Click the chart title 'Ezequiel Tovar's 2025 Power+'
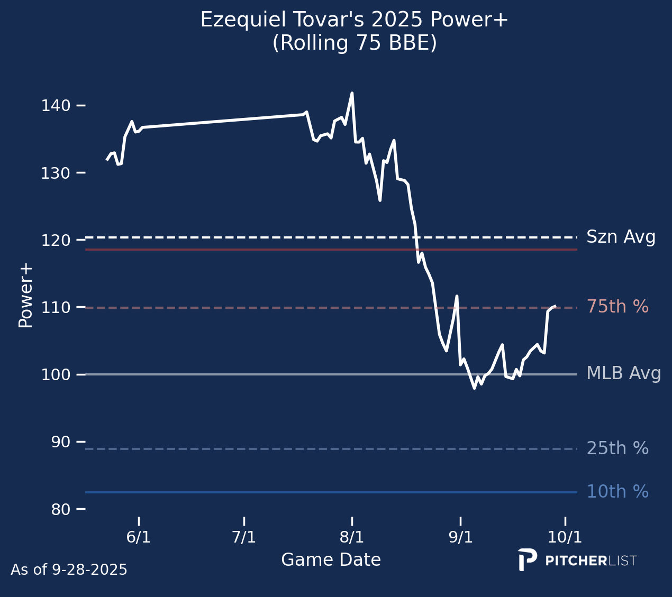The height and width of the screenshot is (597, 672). point(354,20)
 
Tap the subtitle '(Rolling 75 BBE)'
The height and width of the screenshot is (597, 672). point(355,43)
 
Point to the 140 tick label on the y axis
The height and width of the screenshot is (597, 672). point(56,106)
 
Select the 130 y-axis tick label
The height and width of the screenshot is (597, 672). point(56,173)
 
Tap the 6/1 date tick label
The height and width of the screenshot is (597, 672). point(139,538)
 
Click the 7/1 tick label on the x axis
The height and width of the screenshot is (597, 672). point(244,538)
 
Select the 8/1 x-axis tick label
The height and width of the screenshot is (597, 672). point(352,538)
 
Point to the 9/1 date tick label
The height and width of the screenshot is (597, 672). point(460,538)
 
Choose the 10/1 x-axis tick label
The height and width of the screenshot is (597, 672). point(565,538)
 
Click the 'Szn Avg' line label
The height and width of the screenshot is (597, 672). point(621,237)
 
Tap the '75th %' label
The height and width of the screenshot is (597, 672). point(617,307)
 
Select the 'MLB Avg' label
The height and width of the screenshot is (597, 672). point(624,374)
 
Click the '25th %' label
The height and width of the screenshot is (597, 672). point(617,448)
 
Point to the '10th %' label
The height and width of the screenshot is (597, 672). point(617,492)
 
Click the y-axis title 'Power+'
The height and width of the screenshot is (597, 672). point(25,297)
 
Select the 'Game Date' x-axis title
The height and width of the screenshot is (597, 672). point(331,560)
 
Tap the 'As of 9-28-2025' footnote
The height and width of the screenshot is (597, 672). point(69,570)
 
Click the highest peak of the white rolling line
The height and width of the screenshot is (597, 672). point(352,93)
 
